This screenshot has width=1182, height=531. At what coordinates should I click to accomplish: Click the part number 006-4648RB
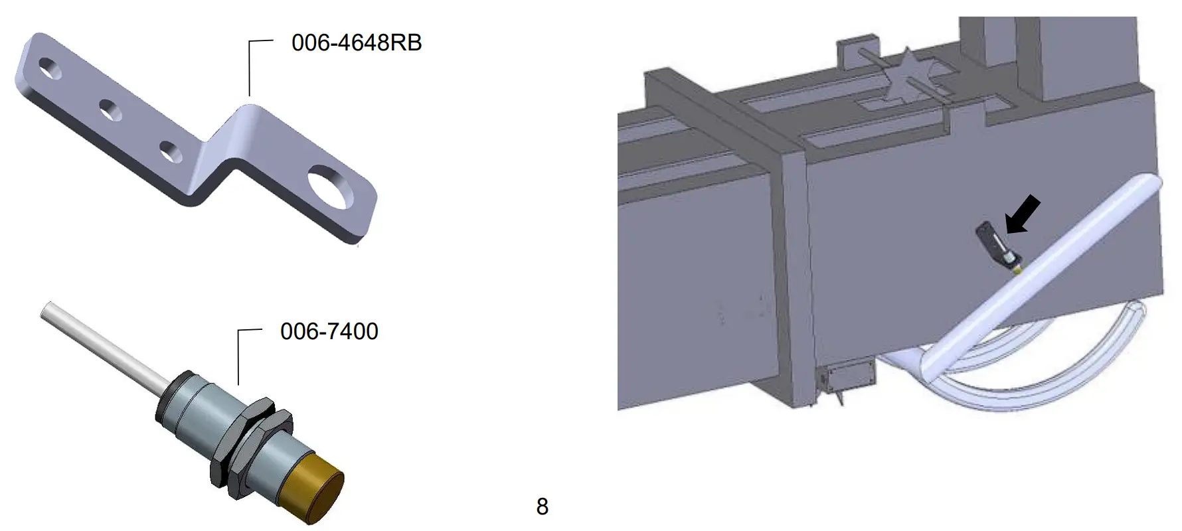(357, 43)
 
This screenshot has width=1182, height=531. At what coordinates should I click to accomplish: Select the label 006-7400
(329, 331)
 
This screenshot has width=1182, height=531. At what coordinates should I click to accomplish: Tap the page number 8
(543, 506)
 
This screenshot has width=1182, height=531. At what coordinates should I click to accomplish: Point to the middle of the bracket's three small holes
(111, 110)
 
